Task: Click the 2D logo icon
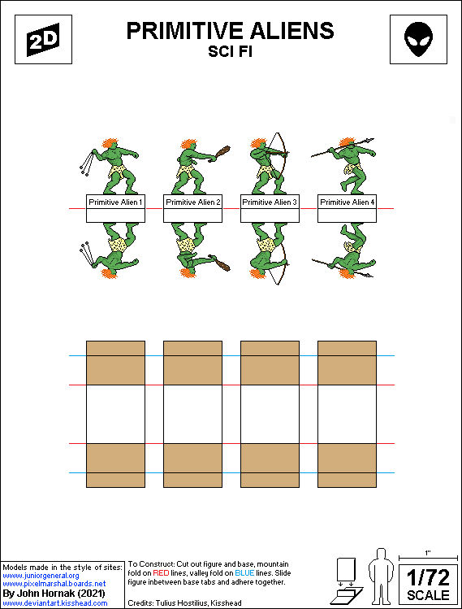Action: [x=43, y=39]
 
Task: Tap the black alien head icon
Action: [x=418, y=39]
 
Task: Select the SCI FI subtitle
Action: [x=231, y=51]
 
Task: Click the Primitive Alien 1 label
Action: [x=115, y=202]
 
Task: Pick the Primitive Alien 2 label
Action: [x=192, y=202]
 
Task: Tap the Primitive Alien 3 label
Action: [x=270, y=202]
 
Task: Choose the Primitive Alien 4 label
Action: [x=348, y=202]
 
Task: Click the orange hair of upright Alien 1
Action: [x=110, y=142]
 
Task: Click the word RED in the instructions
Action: [x=161, y=573]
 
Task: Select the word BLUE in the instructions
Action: [x=244, y=573]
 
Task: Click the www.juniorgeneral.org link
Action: [x=41, y=576]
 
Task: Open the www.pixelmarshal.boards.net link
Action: [x=54, y=584]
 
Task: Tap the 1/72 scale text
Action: [x=428, y=577]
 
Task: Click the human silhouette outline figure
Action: [x=381, y=576]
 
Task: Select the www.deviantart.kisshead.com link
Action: [x=54, y=603]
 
